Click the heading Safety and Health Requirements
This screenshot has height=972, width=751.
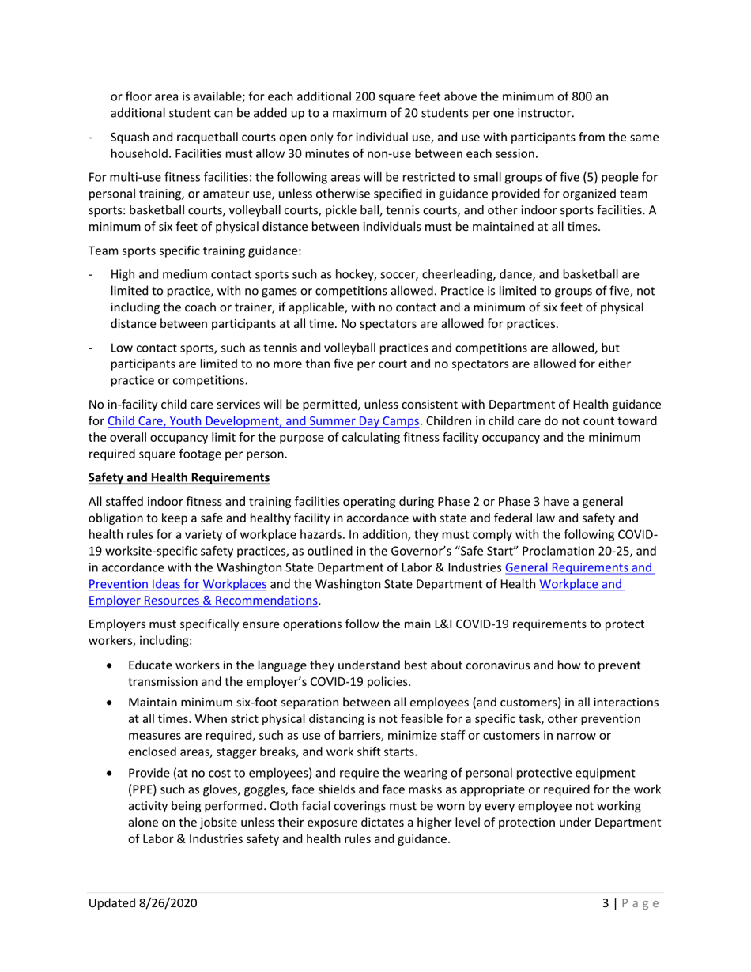(179, 477)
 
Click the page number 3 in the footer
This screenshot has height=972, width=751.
(602, 902)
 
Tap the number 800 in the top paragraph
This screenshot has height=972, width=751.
(594, 96)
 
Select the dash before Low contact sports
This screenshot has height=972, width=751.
(93, 347)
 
